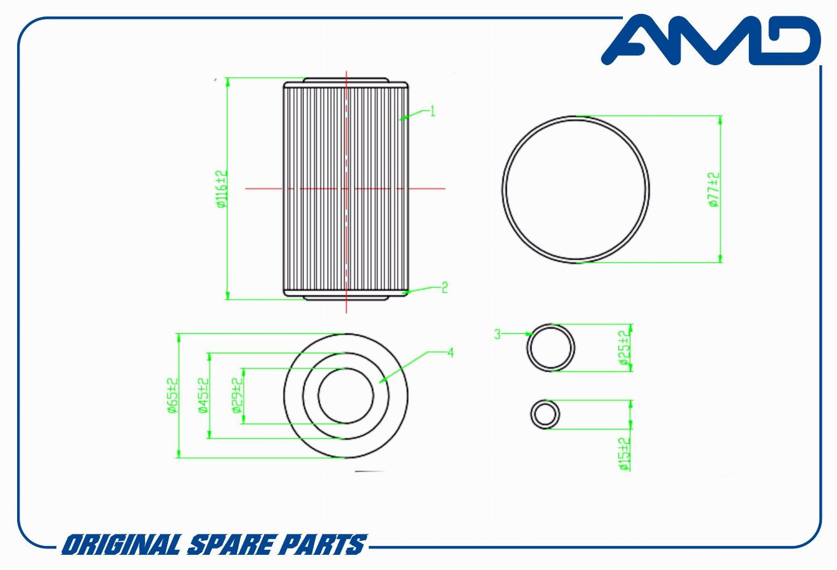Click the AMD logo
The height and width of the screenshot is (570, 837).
coord(711,39)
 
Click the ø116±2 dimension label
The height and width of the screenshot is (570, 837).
coord(221,189)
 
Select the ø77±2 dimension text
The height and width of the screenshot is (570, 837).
coord(713,189)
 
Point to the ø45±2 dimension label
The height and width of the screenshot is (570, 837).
coord(203,396)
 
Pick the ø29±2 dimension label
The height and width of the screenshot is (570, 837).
coord(238,396)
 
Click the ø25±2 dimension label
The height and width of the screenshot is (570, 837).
coord(624,348)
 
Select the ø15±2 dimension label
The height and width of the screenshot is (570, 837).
coord(624,454)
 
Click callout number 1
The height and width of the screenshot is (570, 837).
coord(433,111)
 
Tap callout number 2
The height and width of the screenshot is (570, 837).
coord(444,288)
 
